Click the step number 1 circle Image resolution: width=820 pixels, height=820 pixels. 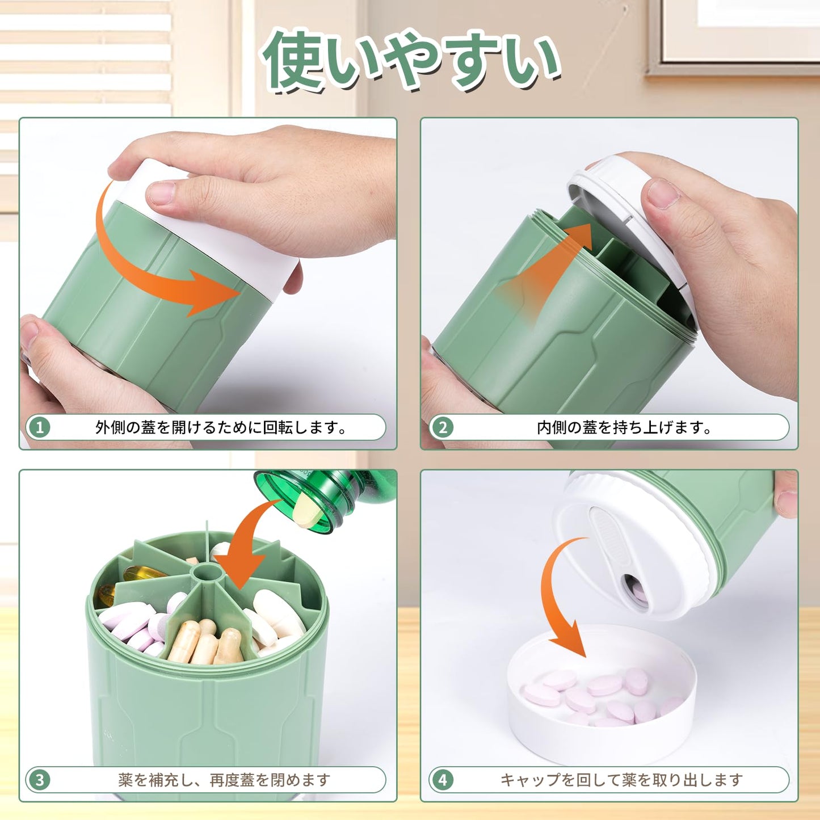[x=40, y=427]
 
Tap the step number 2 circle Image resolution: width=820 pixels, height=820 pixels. [x=443, y=427]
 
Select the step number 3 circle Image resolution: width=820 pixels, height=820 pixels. [x=40, y=780]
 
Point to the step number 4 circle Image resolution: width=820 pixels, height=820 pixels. [x=443, y=780]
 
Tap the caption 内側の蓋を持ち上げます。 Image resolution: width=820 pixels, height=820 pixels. [x=624, y=427]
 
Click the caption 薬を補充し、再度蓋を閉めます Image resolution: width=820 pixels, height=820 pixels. [x=224, y=780]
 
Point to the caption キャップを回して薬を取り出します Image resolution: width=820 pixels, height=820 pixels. [x=621, y=780]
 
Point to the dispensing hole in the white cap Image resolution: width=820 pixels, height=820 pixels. [x=633, y=589]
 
